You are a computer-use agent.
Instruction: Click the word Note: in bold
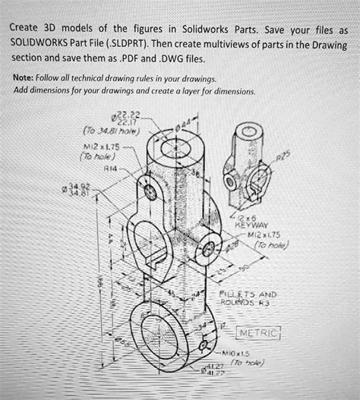(x=30, y=77)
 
